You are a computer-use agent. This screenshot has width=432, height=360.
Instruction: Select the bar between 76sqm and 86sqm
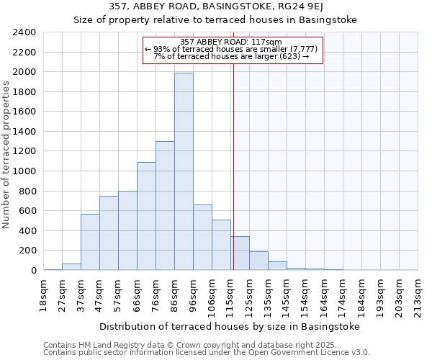pyautogui.click(x=165, y=205)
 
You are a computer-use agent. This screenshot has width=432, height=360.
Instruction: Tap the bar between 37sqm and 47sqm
pyautogui.click(x=90, y=242)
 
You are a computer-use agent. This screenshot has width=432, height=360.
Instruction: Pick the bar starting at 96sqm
pyautogui.click(x=202, y=237)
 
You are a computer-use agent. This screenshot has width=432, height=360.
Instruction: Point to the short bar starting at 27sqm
pyautogui.click(x=71, y=267)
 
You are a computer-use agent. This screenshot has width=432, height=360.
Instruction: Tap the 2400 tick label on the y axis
pyautogui.click(x=24, y=32)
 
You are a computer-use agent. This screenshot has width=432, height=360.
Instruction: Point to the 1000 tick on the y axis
pyautogui.click(x=24, y=171)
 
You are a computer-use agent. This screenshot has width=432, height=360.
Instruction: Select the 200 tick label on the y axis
pyautogui.click(x=27, y=251)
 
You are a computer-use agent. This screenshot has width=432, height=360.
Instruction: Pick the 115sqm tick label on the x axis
pyautogui.click(x=230, y=293)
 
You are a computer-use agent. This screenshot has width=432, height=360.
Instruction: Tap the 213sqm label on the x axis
pyautogui.click(x=418, y=293)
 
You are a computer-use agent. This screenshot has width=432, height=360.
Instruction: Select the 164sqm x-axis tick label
pyautogui.click(x=324, y=293)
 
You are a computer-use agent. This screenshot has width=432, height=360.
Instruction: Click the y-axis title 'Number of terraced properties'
pyautogui.click(x=6, y=154)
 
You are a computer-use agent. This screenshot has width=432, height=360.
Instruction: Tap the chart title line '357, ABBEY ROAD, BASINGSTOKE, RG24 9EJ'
pyautogui.click(x=215, y=7)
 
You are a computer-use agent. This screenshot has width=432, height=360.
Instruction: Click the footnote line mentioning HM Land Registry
pyautogui.click(x=195, y=345)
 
